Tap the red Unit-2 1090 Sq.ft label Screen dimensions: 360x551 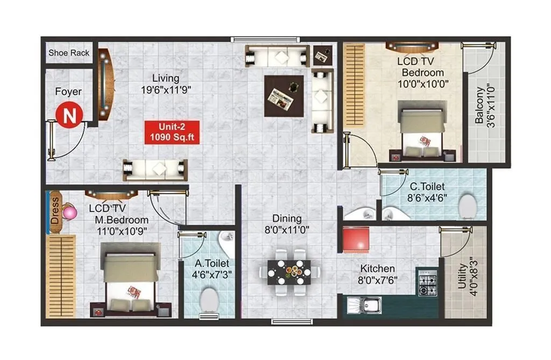pos(172,132)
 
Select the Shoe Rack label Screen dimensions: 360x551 pos(69,53)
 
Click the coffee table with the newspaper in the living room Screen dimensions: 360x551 pos(284,96)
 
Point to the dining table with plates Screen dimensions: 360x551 pos(289,271)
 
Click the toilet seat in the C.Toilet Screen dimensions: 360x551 pos(467,206)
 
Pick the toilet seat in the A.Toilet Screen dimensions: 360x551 pos(209,300)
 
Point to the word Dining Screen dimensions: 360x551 pos(287,218)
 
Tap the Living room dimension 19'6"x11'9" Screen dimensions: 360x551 pos(166,89)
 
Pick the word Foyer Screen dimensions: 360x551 pos(69,92)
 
